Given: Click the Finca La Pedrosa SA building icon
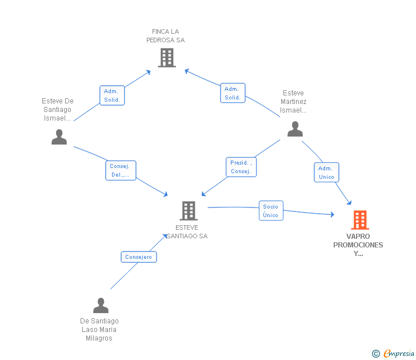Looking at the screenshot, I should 166,58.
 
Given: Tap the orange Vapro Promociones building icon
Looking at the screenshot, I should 359,220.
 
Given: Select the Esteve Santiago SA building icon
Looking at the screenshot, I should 188,211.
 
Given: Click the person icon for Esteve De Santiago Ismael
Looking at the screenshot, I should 59,137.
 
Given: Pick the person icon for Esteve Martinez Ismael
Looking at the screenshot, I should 295,129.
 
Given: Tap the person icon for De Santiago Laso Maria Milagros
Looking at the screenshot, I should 101,306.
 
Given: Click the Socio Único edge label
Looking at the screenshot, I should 271,211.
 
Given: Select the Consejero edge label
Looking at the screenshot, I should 139,257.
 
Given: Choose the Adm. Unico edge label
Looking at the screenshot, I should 326,173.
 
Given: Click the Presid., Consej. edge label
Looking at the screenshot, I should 241,167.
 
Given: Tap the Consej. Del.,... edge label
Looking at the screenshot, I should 120,170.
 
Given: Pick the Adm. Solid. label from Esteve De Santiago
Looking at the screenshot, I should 112,95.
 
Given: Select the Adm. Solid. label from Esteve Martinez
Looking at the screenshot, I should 233,93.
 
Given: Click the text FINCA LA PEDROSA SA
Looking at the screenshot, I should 166,36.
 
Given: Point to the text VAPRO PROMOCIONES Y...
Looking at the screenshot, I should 358,245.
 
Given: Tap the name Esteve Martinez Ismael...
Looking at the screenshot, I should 294,102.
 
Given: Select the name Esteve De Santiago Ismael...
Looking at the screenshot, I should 58,110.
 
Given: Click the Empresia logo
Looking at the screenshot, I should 399,354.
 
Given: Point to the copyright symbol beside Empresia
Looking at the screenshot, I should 376,354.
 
